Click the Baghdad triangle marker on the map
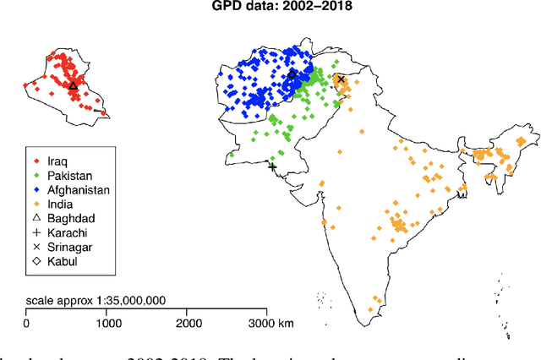73,85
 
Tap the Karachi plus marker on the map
272,166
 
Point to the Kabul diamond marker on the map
292,74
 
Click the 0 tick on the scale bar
26,324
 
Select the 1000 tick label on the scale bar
107,324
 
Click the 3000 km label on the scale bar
276,324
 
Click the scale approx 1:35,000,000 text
96,301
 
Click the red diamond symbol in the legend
35,161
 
